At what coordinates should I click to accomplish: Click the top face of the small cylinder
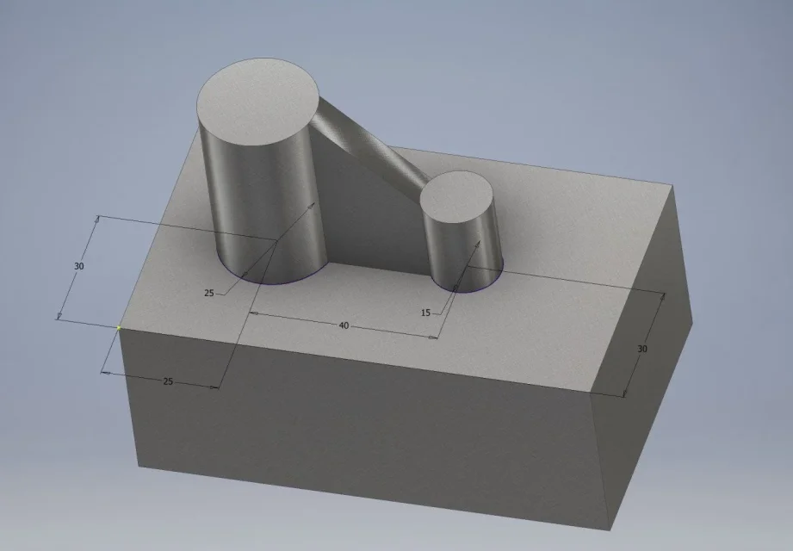pyautogui.click(x=456, y=196)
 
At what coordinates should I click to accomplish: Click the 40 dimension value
pyautogui.click(x=344, y=325)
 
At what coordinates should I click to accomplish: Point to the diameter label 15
pyautogui.click(x=425, y=313)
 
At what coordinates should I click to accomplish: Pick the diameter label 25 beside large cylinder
pyautogui.click(x=209, y=293)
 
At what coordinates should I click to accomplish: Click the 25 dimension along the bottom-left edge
pyautogui.click(x=168, y=381)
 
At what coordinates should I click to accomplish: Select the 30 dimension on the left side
pyautogui.click(x=79, y=266)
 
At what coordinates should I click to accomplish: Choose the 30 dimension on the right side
pyautogui.click(x=641, y=349)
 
